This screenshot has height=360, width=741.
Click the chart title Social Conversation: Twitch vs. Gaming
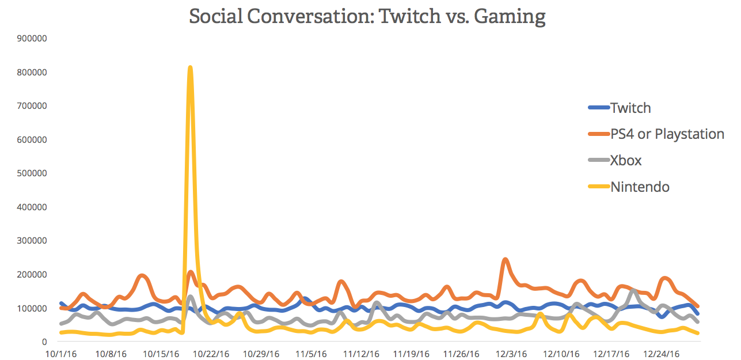367,16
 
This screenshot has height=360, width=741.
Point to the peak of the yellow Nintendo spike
190,68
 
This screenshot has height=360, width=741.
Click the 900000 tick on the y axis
32,39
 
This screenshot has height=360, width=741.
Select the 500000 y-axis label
32,173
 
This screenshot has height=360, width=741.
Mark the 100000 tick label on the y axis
32,308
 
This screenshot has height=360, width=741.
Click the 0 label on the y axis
44,342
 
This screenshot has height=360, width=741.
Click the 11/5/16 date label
311,354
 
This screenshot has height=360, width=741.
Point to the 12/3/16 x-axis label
511,354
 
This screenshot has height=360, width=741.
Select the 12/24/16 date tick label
661,354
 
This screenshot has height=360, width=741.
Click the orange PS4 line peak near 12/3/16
505,260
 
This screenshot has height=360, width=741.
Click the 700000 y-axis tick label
32,106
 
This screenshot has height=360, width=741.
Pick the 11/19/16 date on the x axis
411,354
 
